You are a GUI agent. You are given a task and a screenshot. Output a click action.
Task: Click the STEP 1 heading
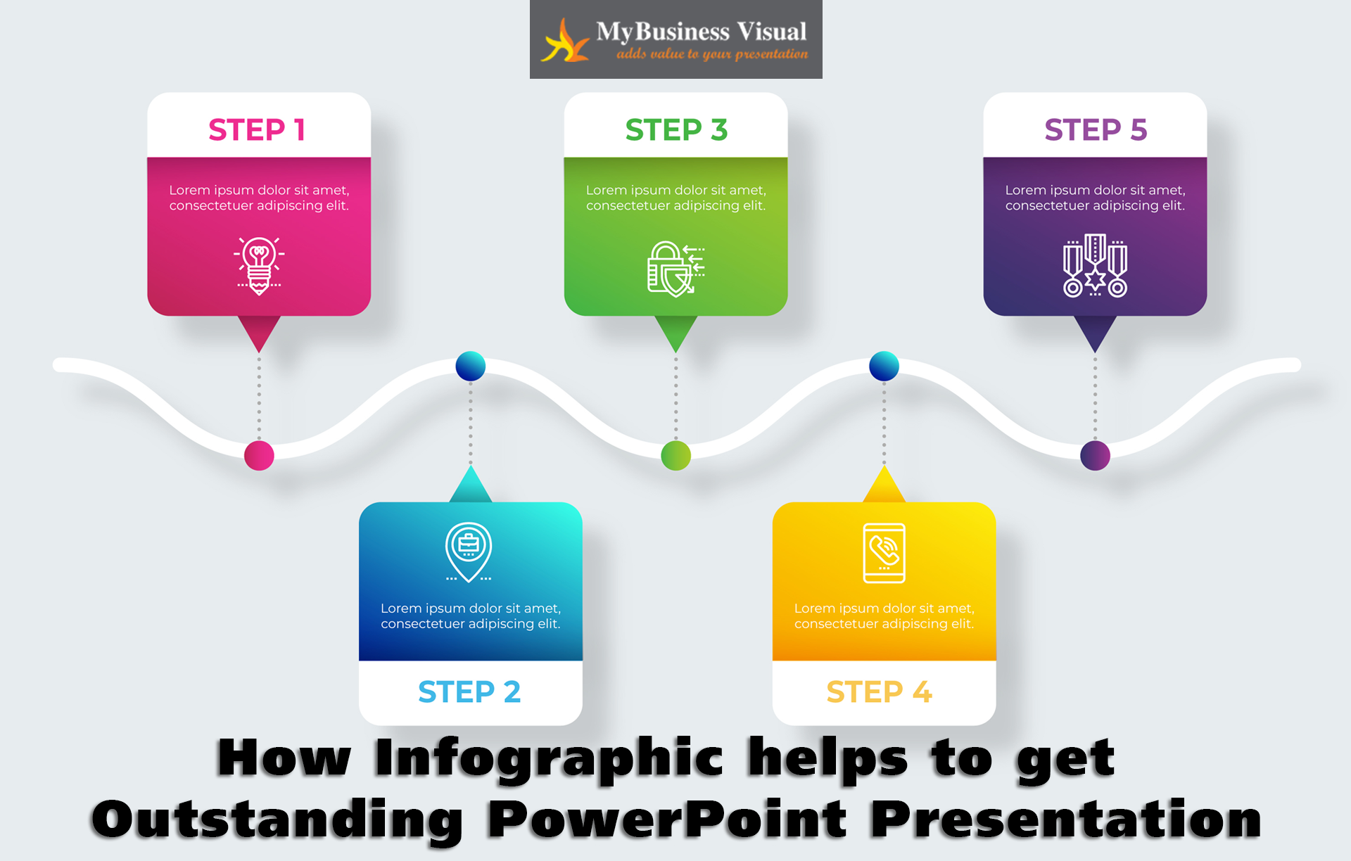click(257, 130)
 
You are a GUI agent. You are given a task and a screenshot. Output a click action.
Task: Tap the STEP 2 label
click(469, 692)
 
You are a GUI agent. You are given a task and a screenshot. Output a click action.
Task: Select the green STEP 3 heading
click(676, 130)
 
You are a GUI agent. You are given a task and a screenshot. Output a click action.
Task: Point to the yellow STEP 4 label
click(880, 692)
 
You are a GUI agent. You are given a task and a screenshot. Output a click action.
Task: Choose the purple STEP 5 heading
click(1096, 130)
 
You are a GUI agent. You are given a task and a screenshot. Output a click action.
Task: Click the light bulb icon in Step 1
click(259, 266)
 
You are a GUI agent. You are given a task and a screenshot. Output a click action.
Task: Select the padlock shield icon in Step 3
click(675, 269)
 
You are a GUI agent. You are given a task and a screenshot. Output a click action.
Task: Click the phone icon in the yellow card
click(884, 553)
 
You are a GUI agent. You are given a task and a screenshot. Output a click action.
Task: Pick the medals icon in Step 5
click(1095, 265)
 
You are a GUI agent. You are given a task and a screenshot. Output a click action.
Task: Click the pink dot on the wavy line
click(259, 456)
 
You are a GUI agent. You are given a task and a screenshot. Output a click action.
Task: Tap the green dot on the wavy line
click(676, 456)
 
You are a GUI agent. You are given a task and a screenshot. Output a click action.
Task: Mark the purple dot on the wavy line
click(1095, 456)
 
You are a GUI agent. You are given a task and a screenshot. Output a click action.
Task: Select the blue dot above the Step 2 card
click(471, 366)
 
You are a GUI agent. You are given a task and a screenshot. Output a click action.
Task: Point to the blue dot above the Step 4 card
click(884, 366)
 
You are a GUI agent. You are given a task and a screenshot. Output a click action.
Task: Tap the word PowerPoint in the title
click(668, 819)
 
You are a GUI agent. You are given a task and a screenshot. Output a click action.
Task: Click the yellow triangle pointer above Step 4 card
click(884, 485)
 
